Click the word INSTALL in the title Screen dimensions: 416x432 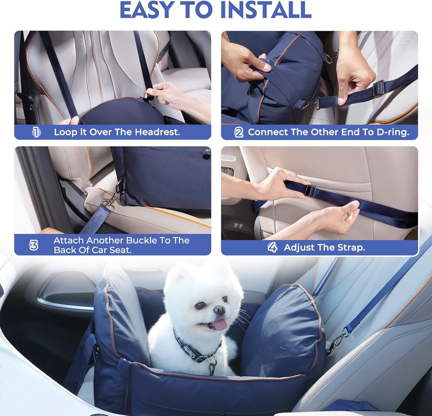pos(266,10)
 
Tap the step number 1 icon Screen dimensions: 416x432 pos(36,132)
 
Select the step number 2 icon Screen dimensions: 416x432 pos(239,132)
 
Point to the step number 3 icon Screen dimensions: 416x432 pos(34,245)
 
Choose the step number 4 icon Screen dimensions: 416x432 pos(272,247)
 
